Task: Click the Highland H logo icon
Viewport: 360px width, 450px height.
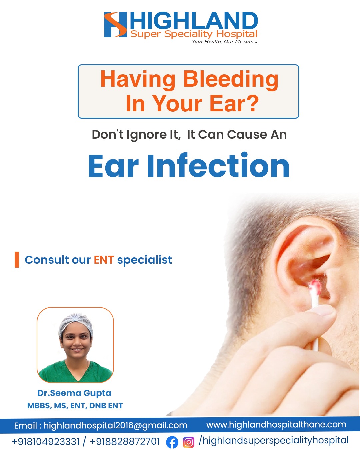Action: click(115, 25)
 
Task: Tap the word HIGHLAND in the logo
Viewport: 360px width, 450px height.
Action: click(194, 20)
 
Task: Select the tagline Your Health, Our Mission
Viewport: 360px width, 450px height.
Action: click(224, 42)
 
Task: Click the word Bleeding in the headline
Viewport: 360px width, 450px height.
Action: click(231, 80)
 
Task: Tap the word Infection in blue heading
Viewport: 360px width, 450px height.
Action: click(218, 165)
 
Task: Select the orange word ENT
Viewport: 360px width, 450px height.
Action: click(104, 260)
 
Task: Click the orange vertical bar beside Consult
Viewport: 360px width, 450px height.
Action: click(17, 260)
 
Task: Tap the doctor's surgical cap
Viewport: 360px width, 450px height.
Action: click(76, 325)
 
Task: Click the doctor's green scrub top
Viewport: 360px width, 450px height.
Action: click(75, 372)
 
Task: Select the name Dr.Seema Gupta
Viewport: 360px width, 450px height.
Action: click(74, 393)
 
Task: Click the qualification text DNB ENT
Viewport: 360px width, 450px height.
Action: click(106, 406)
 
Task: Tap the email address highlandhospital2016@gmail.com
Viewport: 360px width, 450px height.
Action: click(115, 425)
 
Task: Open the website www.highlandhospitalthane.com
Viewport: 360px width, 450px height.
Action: click(276, 425)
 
